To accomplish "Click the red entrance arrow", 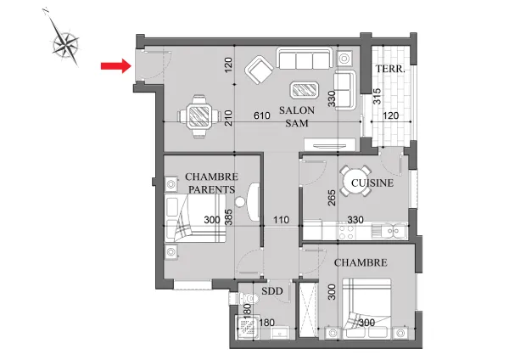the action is tap(116, 66).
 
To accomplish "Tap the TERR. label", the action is tap(390, 69).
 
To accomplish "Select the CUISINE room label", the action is tap(372, 183).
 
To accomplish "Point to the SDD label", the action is tap(272, 291).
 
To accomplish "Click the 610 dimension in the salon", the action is tap(262, 115).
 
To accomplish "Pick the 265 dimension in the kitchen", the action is tap(332, 198).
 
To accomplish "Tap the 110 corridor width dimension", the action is tap(281, 220).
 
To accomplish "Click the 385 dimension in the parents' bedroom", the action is tap(229, 217).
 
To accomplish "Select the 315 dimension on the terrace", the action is tap(377, 96).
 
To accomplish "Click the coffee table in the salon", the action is tap(305, 90).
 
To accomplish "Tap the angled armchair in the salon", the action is tap(259, 70).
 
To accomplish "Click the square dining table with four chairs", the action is tap(199, 116).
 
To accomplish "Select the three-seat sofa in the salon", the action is tap(305, 59).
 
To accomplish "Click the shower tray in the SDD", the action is tap(246, 327).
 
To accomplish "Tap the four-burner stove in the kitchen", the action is tap(346, 231).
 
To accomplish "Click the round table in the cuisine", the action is tap(355, 181).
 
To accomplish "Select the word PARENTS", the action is tap(211, 189).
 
